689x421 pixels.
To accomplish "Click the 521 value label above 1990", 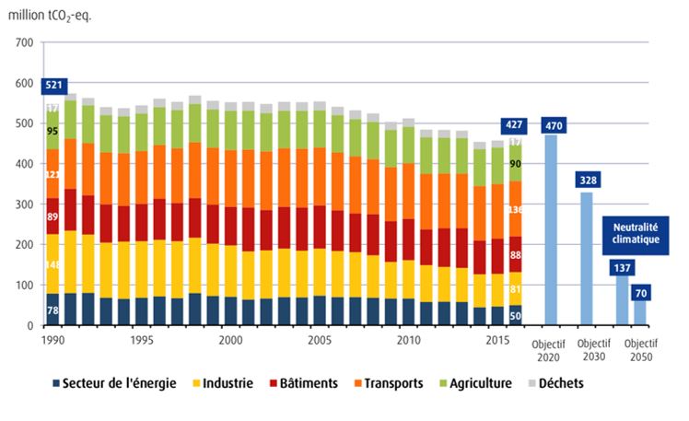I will tap(54, 86).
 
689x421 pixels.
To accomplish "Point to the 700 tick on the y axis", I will tap(24, 42).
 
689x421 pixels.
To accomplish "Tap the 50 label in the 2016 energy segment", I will tap(515, 316).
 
